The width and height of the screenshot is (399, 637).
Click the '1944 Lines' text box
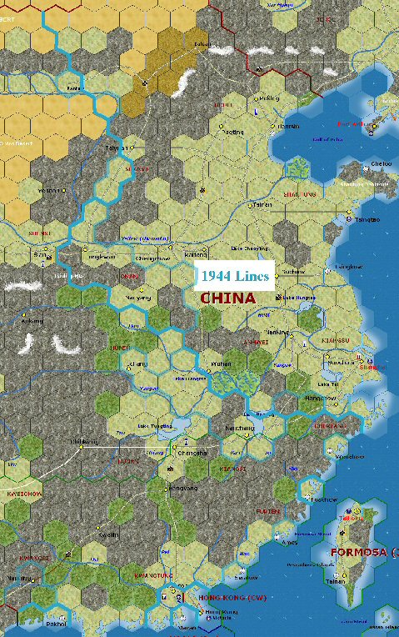(235, 275)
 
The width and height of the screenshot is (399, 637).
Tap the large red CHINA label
(227, 297)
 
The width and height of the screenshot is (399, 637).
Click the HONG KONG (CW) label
(227, 598)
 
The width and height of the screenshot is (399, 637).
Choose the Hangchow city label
(320, 399)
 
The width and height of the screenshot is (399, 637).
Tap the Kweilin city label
(108, 534)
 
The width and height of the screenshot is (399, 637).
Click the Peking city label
(269, 98)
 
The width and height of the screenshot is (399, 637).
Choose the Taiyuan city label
(117, 148)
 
